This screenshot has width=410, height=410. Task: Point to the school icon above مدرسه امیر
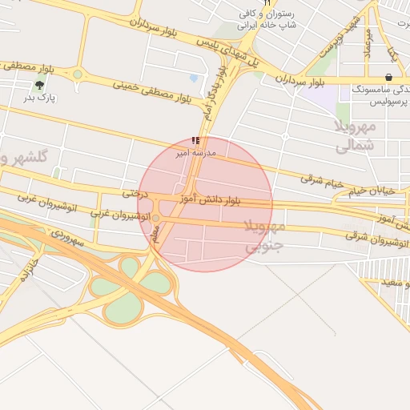(196, 140)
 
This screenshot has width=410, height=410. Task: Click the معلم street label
(156, 232)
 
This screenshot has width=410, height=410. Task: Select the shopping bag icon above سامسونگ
(388, 78)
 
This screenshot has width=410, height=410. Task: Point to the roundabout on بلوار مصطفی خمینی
(78, 75)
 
